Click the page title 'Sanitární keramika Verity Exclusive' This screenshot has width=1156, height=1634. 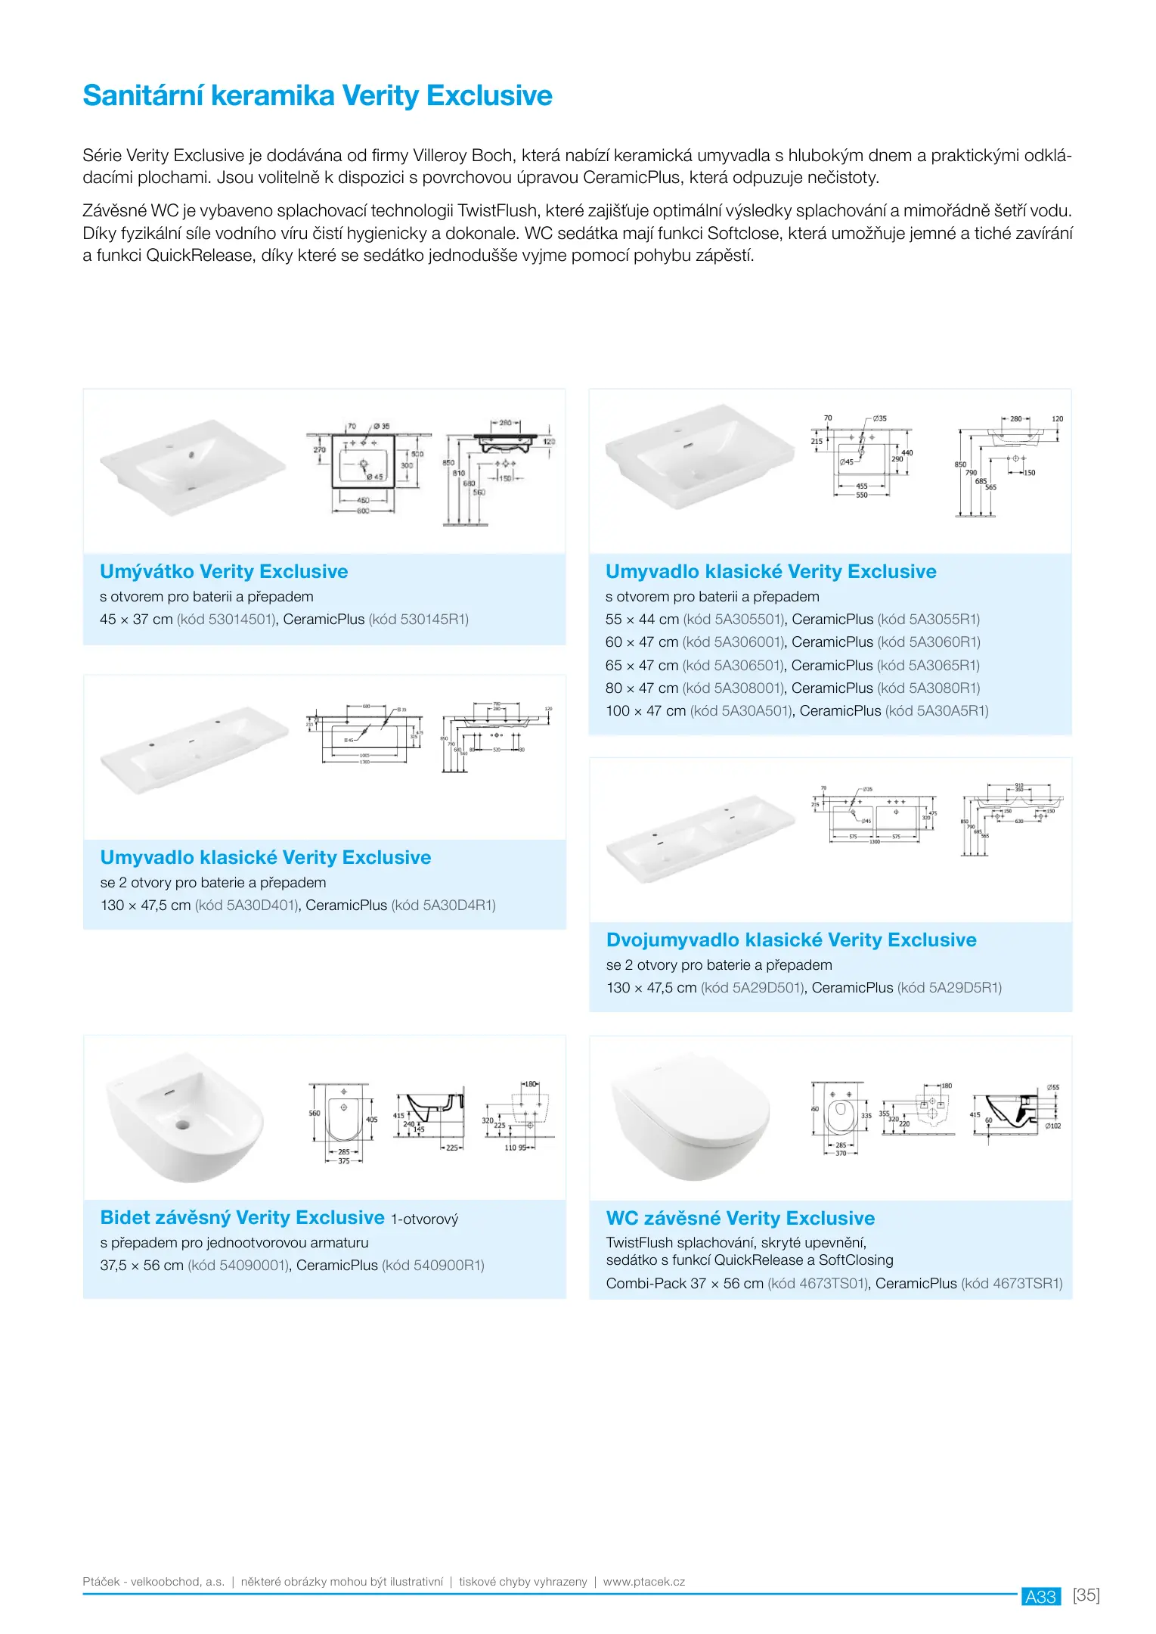click(x=318, y=96)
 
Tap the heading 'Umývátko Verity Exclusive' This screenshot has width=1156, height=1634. click(x=224, y=572)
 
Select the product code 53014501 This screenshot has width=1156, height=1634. click(x=240, y=620)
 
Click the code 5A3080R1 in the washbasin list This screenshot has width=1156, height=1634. click(x=944, y=688)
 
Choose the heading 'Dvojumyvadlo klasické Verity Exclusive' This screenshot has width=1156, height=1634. click(x=791, y=940)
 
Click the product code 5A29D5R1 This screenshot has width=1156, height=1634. click(x=964, y=988)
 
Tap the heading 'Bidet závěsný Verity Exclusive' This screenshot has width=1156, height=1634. click(x=242, y=1218)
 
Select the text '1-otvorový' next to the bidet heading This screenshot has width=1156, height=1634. click(x=424, y=1219)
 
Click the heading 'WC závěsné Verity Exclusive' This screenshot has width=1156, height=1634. click(x=740, y=1219)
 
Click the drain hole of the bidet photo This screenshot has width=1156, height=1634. click(x=182, y=1124)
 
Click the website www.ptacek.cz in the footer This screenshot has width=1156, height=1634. click(x=643, y=1582)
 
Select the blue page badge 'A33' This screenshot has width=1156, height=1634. click(x=1040, y=1597)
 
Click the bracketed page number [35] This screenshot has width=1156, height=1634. click(x=1086, y=1595)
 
